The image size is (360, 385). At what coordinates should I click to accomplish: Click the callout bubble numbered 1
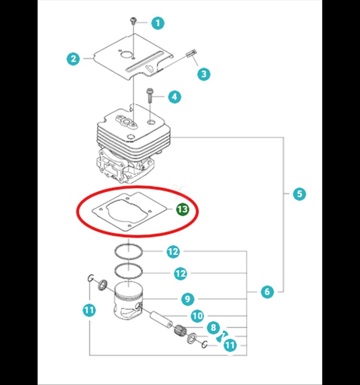click(x=158, y=23)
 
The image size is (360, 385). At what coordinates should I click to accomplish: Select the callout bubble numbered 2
click(x=73, y=59)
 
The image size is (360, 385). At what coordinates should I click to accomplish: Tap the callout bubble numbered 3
click(x=204, y=74)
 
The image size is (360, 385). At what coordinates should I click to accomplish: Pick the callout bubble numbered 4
click(x=174, y=97)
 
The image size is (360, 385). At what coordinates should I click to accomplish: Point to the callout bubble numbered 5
click(x=299, y=194)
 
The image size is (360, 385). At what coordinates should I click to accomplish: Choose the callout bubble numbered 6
click(x=267, y=291)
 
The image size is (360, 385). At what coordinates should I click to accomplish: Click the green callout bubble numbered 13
click(x=183, y=209)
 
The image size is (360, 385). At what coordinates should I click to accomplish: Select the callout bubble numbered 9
click(x=187, y=299)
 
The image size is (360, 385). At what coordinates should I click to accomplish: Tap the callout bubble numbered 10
click(x=197, y=316)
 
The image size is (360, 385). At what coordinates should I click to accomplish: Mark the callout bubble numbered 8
click(x=213, y=327)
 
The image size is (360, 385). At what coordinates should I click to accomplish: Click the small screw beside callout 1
click(x=133, y=20)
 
